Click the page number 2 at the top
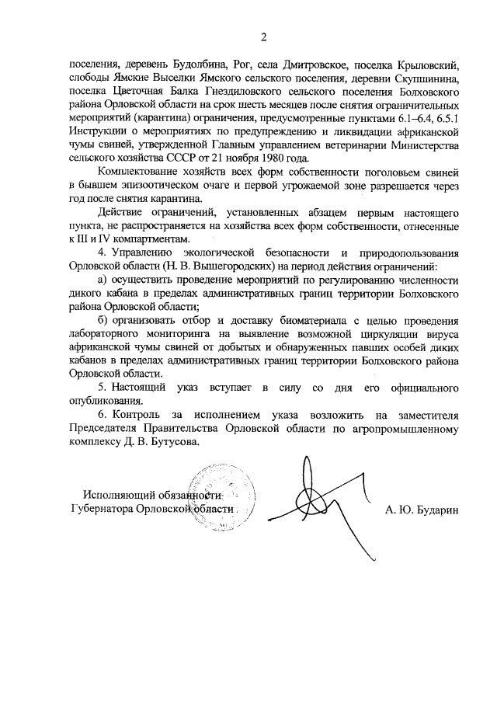(x=263, y=36)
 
